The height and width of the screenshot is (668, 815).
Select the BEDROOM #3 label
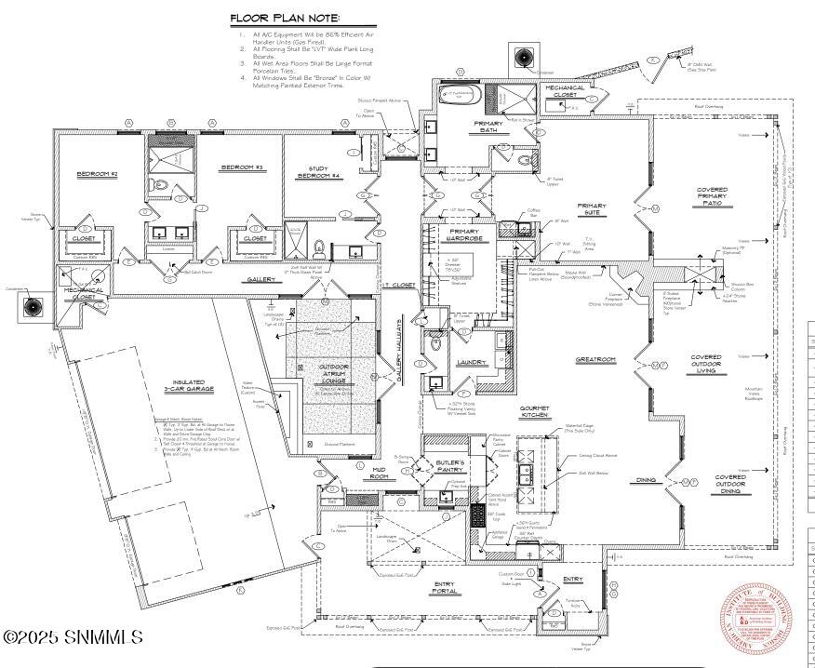click(242, 167)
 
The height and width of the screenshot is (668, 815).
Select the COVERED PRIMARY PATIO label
click(712, 198)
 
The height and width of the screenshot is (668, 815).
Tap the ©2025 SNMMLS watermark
click(73, 638)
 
